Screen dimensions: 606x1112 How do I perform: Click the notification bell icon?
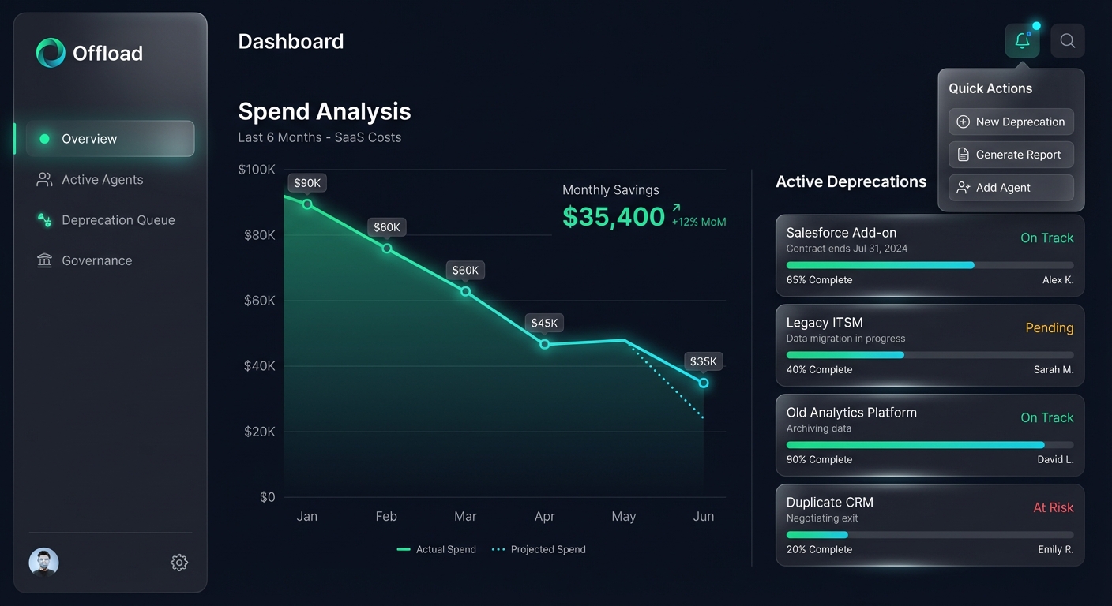[x=1022, y=41]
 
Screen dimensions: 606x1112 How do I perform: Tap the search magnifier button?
[x=1068, y=41]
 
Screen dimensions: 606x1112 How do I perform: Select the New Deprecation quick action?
[x=1011, y=122]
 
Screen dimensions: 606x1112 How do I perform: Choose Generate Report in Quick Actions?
[x=1011, y=155]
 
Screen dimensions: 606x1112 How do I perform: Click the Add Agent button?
[x=1011, y=188]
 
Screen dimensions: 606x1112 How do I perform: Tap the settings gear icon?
[x=179, y=563]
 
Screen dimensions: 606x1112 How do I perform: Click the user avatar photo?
[x=44, y=563]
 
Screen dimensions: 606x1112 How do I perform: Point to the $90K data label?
[x=307, y=183]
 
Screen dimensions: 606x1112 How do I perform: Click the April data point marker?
[x=545, y=344]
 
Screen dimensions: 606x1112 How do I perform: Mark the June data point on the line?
[x=704, y=383]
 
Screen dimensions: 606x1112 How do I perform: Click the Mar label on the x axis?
[x=465, y=517]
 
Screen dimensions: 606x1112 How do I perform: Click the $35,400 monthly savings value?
[x=614, y=216]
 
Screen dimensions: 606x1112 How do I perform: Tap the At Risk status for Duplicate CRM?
[x=1053, y=507]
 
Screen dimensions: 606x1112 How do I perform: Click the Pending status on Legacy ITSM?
[x=1049, y=327]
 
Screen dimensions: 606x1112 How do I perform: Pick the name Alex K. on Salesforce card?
[x=1058, y=280]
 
